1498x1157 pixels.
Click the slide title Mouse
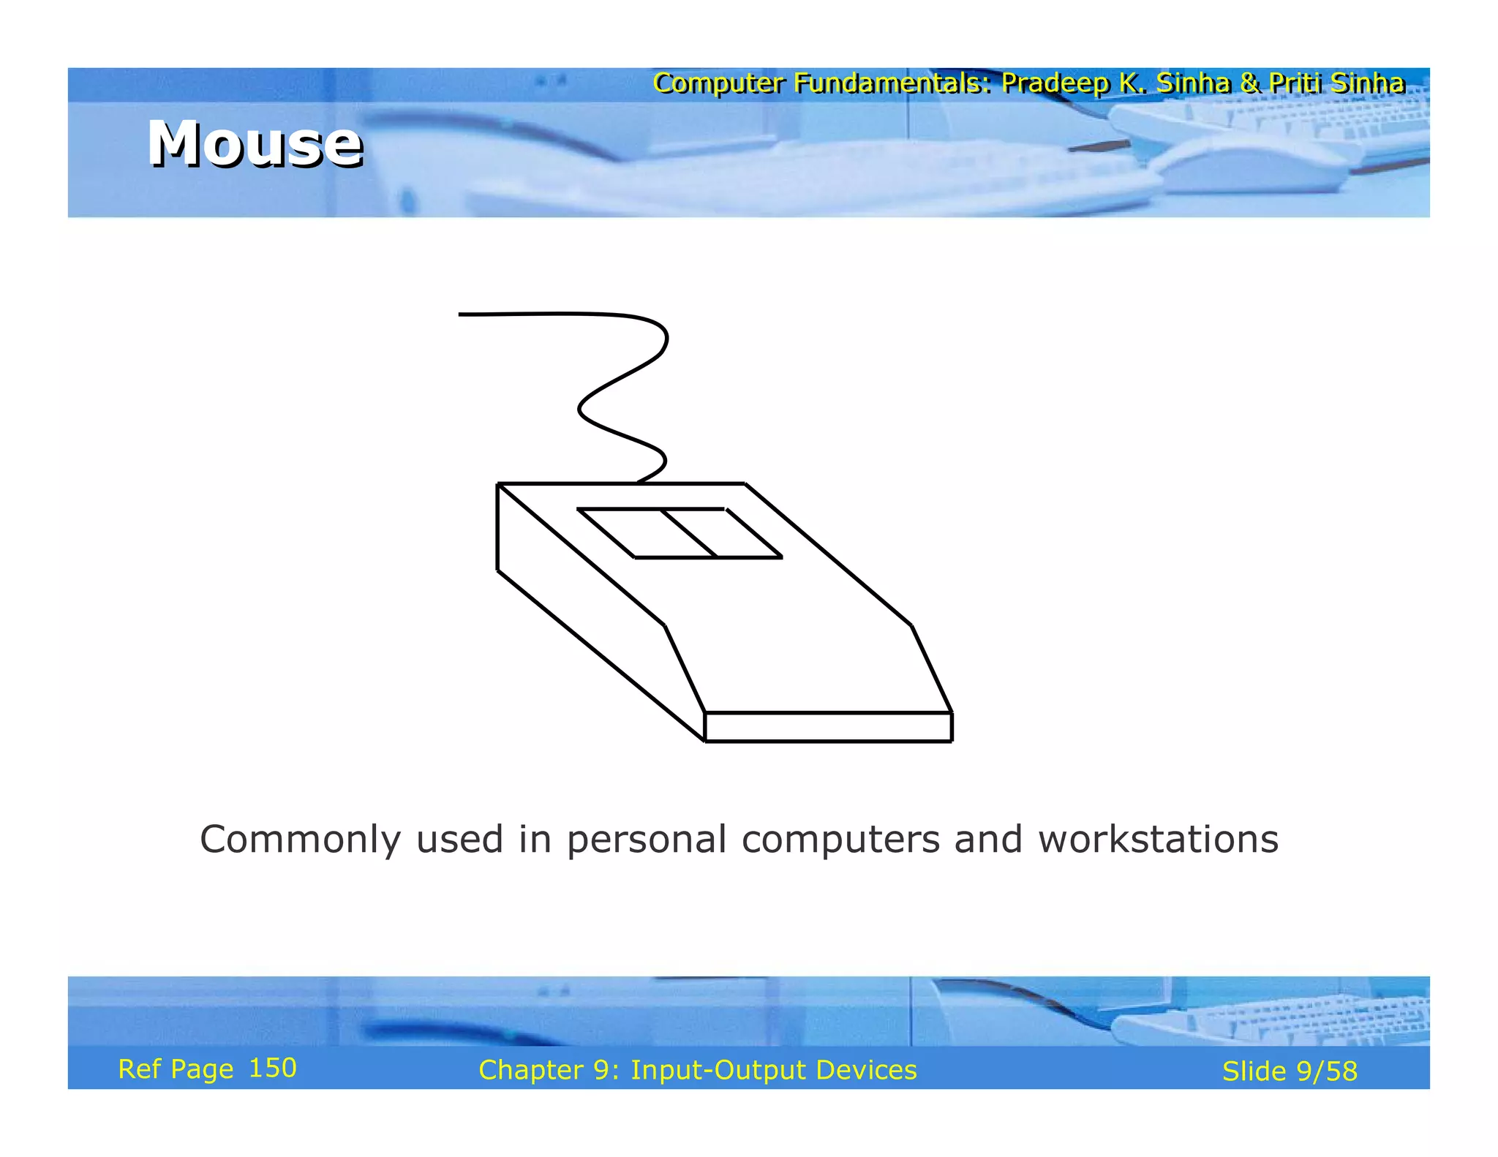pyautogui.click(x=255, y=143)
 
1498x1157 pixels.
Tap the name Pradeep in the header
pyautogui.click(x=1055, y=83)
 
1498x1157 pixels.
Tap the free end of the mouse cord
pyautogui.click(x=462, y=314)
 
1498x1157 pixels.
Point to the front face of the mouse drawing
pyautogui.click(x=828, y=727)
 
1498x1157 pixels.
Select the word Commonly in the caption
pyautogui.click(x=300, y=840)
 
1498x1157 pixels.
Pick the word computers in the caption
pyautogui.click(x=840, y=840)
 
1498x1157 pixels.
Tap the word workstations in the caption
pyautogui.click(x=1159, y=840)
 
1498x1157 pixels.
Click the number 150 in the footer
pyautogui.click(x=273, y=1068)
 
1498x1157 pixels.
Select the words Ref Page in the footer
pyautogui.click(x=176, y=1069)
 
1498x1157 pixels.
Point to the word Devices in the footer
pyautogui.click(x=866, y=1070)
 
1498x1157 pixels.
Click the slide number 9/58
pyautogui.click(x=1327, y=1071)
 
